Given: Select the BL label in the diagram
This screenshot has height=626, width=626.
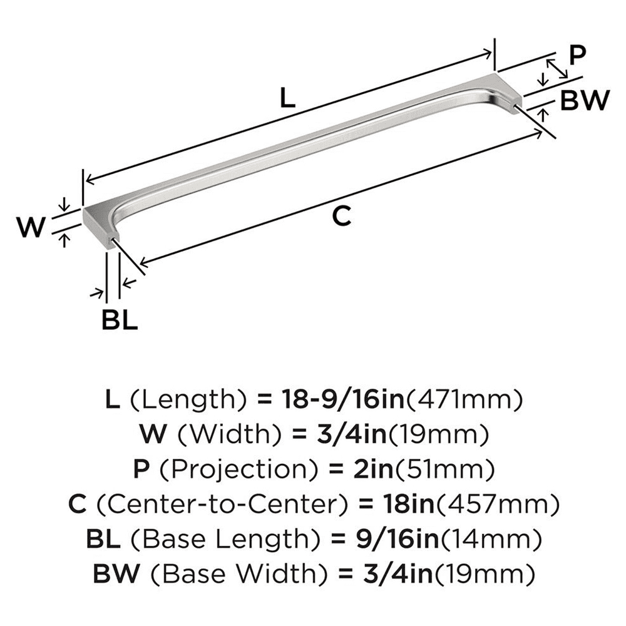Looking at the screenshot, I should click(119, 321).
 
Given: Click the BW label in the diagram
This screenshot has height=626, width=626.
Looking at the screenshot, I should click(583, 101).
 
